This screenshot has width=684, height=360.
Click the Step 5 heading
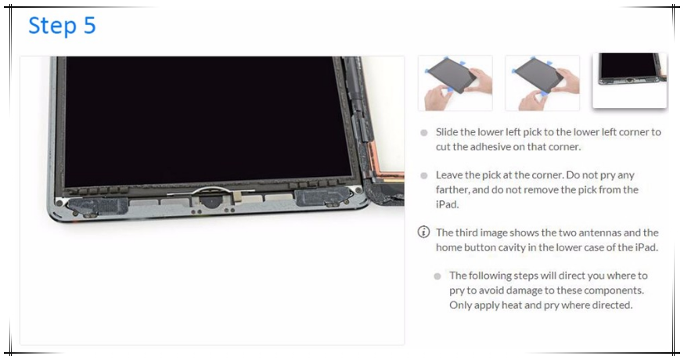62,26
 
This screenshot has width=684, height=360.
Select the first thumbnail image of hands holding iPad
455,83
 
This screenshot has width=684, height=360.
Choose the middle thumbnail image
542,83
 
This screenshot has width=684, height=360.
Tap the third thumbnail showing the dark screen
630,81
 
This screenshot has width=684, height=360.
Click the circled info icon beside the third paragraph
423,232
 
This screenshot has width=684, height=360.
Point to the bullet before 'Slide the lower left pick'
424,133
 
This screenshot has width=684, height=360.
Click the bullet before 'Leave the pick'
424,175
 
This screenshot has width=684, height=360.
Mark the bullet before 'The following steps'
437,275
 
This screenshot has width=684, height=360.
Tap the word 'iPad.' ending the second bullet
447,204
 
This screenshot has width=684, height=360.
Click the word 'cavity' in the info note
512,247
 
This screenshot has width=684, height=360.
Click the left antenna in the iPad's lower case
99,206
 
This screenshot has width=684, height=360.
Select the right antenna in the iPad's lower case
322,196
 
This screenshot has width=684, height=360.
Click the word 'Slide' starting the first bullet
446,131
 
